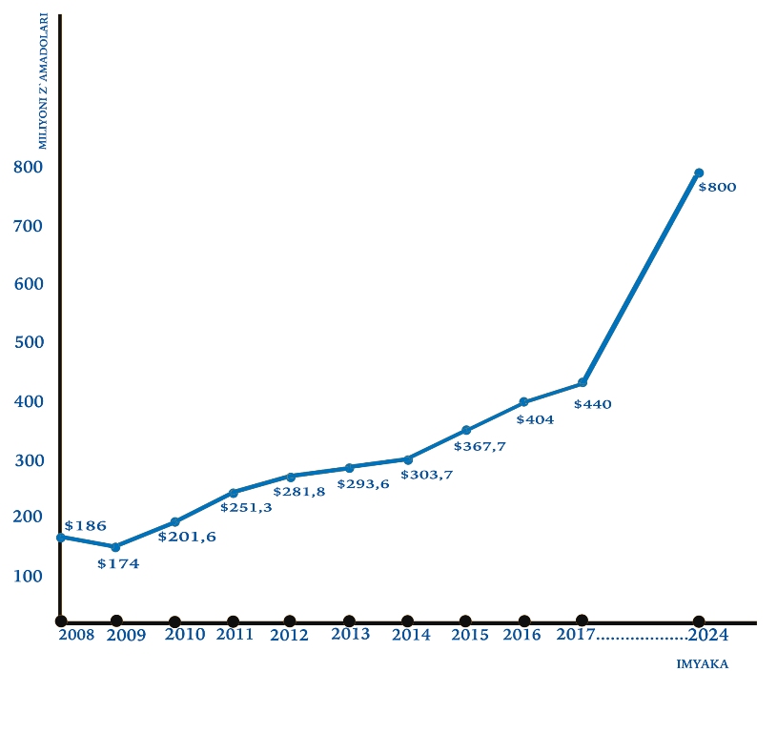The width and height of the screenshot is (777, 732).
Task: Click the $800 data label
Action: coord(717,187)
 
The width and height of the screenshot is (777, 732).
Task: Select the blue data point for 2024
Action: coord(699,173)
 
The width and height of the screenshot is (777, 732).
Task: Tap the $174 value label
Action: coord(118,563)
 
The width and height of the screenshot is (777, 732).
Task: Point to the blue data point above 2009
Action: coord(115,547)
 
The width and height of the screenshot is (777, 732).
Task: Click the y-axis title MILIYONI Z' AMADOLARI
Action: coord(43,81)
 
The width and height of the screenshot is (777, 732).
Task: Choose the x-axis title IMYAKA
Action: coord(703,664)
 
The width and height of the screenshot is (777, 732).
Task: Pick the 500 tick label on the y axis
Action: coord(29,342)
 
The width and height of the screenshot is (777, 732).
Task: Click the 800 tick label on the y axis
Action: coord(29,168)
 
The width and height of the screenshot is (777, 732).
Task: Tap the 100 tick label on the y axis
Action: coord(28,576)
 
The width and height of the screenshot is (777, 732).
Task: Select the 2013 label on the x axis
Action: coord(350,635)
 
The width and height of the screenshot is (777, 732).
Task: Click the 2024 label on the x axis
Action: coord(708,635)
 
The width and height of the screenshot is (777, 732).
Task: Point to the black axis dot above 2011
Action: coord(233,621)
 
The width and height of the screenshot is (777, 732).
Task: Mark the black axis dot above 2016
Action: coord(524,621)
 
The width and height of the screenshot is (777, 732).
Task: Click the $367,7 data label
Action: coord(480,447)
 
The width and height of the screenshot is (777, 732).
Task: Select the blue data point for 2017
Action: coord(583,382)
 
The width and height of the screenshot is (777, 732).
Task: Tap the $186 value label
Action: coord(85,525)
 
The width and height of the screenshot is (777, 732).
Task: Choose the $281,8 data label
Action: coord(299,492)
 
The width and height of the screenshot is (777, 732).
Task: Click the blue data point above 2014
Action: coord(408,459)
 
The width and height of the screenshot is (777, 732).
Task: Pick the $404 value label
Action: coord(535,420)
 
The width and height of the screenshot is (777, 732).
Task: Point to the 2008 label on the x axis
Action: coord(76,635)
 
